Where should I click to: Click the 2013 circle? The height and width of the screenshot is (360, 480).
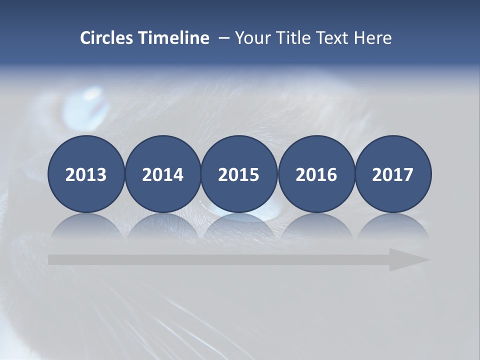(86, 174)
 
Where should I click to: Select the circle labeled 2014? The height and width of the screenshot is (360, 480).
(162, 174)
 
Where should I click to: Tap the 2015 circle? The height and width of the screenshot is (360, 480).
(239, 174)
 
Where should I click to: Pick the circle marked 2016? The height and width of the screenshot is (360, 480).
(316, 174)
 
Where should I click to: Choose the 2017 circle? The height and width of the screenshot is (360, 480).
(393, 174)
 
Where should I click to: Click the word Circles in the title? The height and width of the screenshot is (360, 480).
(107, 38)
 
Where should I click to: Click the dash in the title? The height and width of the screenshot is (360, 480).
(223, 38)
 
